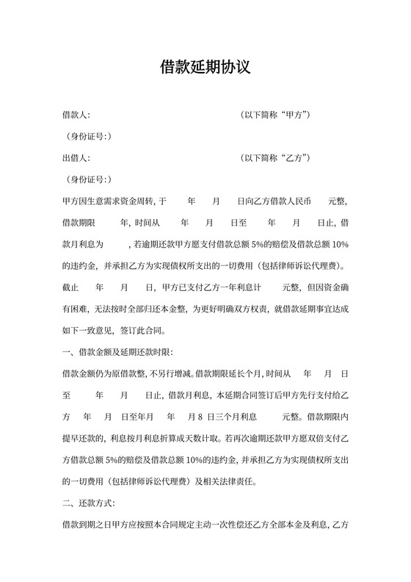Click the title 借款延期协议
click(x=205, y=68)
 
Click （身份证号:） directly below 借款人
click(x=88, y=137)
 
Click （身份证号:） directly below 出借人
click(x=88, y=179)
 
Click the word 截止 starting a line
click(x=71, y=286)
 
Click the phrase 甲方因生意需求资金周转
click(x=109, y=201)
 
